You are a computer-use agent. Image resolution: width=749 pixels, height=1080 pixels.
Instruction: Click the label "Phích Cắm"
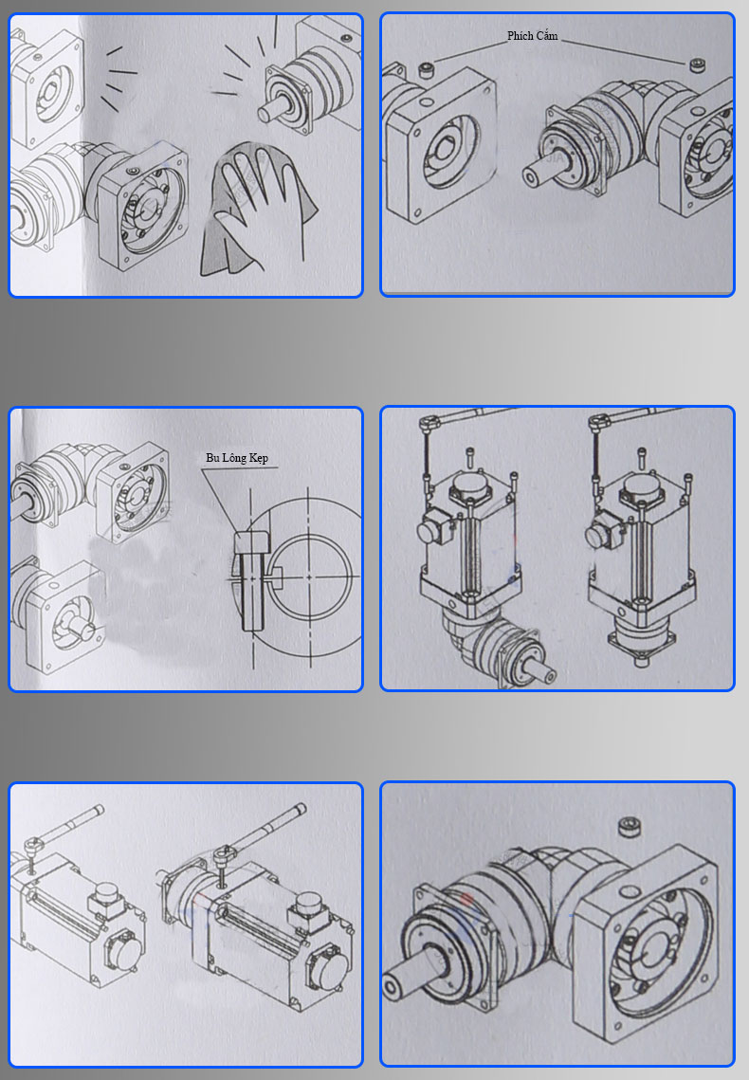click(532, 36)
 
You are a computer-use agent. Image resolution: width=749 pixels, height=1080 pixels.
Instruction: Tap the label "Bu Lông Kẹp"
click(237, 458)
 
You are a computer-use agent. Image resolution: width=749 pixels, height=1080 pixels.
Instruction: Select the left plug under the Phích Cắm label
click(426, 69)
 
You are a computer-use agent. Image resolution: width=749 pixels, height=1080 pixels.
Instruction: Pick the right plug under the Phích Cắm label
click(697, 65)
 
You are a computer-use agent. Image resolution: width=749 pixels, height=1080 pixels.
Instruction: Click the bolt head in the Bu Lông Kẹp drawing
click(250, 541)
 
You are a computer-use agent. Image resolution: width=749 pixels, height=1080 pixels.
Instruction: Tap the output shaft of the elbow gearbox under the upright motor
click(541, 670)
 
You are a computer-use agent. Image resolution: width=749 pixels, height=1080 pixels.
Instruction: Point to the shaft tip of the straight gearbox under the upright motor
click(640, 662)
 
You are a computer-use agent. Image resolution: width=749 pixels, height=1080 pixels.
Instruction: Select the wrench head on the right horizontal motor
click(223, 854)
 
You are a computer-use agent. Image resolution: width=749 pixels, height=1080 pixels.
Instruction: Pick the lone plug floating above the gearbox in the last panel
click(628, 826)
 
